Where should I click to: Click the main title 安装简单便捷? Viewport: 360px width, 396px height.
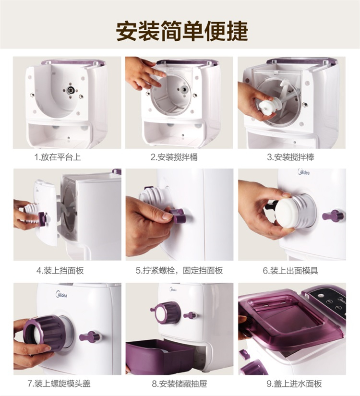click(182, 31)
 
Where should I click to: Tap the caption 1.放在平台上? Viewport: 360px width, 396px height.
click(58, 157)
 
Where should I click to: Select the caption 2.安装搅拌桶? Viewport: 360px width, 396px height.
click(174, 157)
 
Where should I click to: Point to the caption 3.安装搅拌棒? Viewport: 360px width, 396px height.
click(290, 157)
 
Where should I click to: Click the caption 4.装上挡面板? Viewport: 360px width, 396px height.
click(60, 271)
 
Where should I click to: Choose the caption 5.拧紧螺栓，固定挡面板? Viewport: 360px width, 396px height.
click(179, 271)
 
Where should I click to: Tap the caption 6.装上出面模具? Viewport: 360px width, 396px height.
click(290, 271)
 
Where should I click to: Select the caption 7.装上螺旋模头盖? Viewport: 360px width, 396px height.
click(59, 384)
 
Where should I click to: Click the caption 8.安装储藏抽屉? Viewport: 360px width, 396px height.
click(180, 384)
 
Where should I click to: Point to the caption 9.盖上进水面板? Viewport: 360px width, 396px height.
click(294, 384)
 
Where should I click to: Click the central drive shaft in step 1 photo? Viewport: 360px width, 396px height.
click(71, 89)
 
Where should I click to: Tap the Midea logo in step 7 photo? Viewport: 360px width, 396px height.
click(61, 294)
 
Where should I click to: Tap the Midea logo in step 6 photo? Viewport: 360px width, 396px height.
click(304, 172)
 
